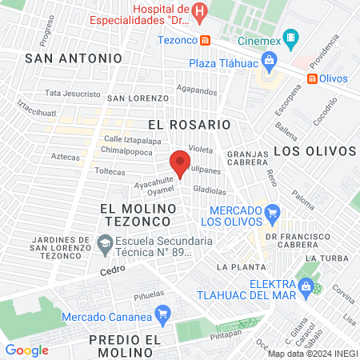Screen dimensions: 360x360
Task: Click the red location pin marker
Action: (x=181, y=161)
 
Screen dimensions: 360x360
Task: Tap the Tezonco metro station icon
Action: (x=206, y=39)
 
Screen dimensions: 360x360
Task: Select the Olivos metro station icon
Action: (x=312, y=79)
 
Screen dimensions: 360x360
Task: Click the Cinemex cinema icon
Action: (x=292, y=38)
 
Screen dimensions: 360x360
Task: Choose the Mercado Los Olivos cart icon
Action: (x=274, y=212)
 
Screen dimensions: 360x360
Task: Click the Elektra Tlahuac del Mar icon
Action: (x=304, y=284)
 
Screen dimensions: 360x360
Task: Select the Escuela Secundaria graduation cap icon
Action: (x=105, y=242)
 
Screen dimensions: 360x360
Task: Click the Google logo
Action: (x=26, y=350)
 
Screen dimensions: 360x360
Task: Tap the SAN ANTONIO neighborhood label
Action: (x=74, y=58)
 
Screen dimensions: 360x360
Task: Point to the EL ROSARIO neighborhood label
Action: (x=190, y=125)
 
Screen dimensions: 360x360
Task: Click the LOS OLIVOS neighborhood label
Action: (x=314, y=150)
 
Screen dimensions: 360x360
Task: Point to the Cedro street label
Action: (x=112, y=270)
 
